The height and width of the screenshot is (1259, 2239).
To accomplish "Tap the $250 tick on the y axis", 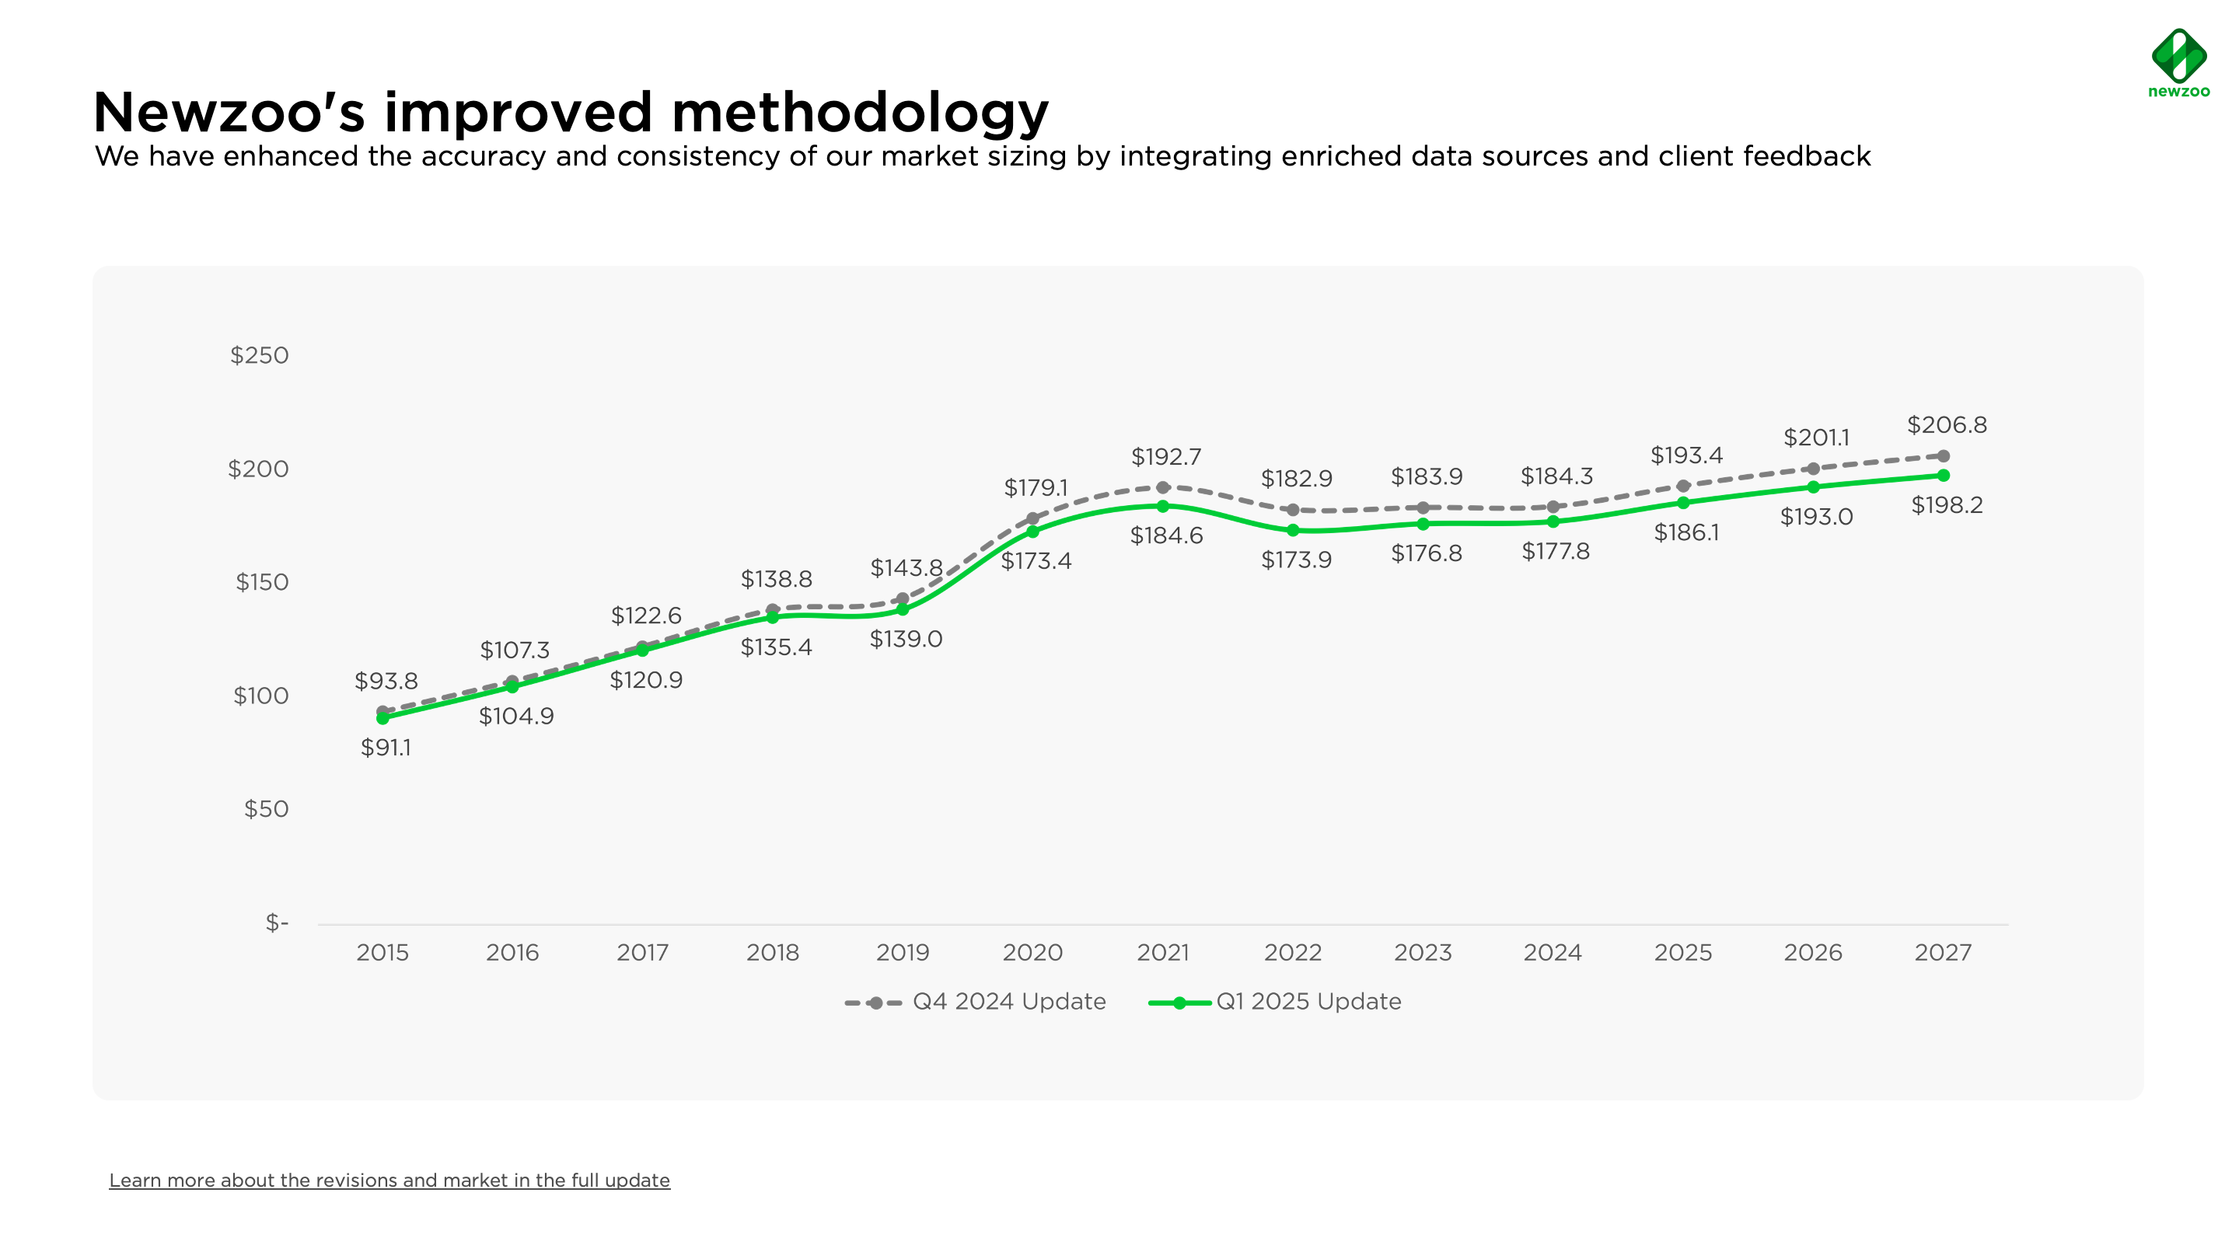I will click(259, 355).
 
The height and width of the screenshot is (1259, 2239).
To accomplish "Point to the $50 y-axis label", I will click(265, 809).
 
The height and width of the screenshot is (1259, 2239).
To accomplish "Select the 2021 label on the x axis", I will click(1162, 952).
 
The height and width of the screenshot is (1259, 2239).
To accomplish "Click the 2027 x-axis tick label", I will click(1942, 952).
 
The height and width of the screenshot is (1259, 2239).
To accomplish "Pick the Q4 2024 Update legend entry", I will click(975, 1002).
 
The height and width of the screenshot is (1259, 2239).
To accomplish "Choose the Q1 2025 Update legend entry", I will click(1275, 1002).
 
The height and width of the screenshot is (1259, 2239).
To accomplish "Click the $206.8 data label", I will click(1946, 425).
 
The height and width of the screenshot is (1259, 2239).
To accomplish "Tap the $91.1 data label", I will click(386, 747).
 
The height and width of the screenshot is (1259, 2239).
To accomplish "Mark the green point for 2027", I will click(1943, 476).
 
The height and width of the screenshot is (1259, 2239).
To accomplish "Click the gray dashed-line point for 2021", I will click(1162, 487).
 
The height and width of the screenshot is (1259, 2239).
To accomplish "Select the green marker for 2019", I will click(902, 610).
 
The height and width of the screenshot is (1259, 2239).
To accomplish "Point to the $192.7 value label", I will click(1165, 456).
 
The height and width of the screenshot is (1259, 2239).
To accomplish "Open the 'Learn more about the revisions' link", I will click(389, 1180).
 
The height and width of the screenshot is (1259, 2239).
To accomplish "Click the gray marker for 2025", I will click(1682, 487).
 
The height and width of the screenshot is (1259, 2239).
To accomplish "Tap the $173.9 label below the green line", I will click(1296, 560).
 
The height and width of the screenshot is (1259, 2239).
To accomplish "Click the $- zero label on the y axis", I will click(277, 922).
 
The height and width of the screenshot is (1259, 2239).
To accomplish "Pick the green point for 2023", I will click(1423, 524).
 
